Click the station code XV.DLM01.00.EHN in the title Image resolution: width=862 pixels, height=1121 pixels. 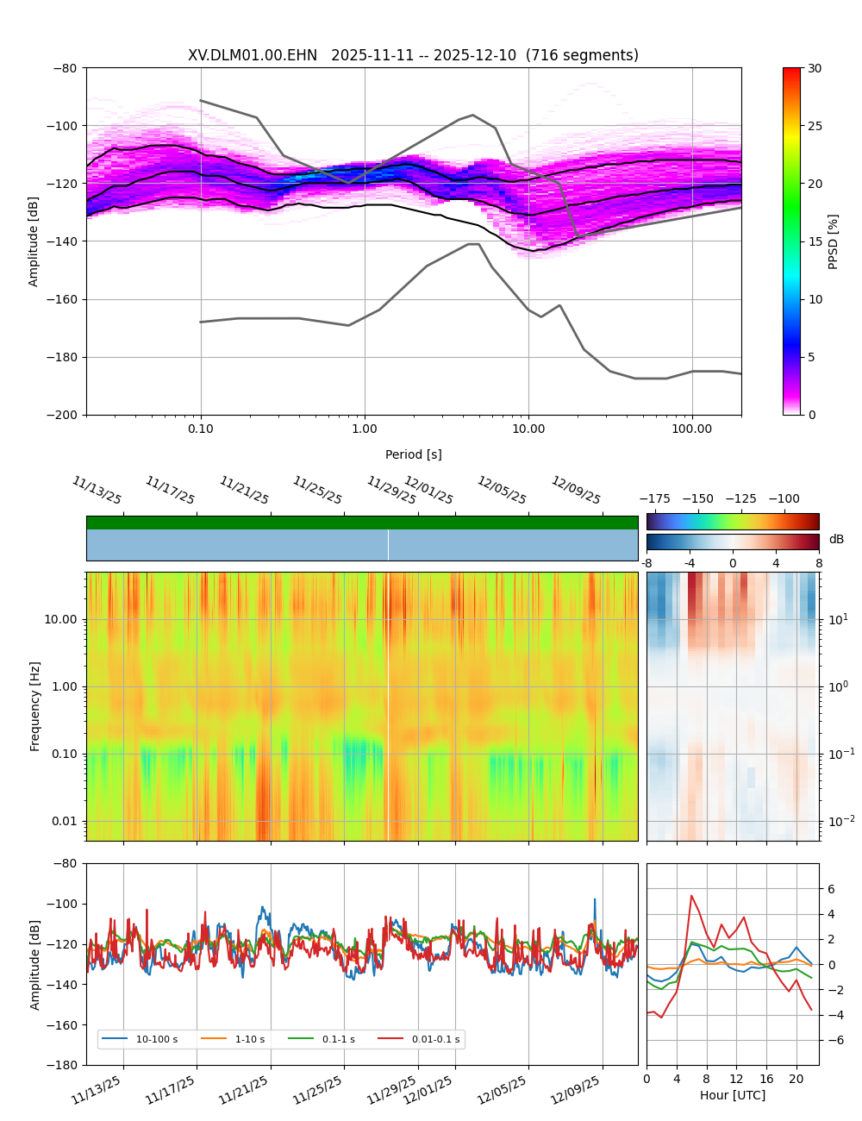click(253, 55)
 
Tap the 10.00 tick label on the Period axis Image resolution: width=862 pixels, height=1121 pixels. click(528, 429)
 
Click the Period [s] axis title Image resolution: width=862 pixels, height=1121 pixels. click(414, 454)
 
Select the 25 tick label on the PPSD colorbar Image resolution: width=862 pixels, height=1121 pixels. click(814, 126)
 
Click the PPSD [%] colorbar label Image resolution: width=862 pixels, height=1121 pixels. click(834, 241)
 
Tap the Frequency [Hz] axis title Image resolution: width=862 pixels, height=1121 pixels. click(35, 705)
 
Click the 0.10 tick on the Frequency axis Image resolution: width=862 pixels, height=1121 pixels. click(62, 754)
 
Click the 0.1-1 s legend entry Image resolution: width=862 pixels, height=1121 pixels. click(338, 1039)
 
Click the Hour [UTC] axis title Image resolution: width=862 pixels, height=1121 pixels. click(732, 1095)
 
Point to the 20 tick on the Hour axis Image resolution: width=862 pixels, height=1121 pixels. click(796, 1079)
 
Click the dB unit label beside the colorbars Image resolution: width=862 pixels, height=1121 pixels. click(836, 539)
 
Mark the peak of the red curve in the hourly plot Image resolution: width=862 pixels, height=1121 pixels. click(691, 895)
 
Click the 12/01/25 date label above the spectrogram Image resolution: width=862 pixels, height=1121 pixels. click(429, 491)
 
